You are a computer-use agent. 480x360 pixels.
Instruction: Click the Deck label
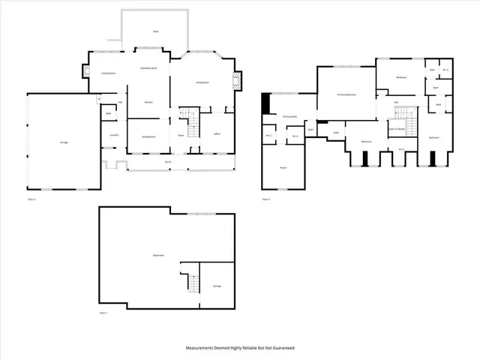point(155,31)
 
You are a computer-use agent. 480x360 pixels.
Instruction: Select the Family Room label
point(108,73)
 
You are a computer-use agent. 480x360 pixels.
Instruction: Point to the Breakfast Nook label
point(148,68)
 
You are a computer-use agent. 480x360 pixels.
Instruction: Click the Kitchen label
point(148,101)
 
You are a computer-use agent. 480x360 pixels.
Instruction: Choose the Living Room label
point(202,82)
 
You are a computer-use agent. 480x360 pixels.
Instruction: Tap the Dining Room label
point(148,136)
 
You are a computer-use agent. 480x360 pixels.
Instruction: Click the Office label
point(217,134)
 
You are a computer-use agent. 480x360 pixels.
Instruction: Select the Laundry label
point(114,135)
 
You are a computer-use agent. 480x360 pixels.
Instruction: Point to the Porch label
point(167,161)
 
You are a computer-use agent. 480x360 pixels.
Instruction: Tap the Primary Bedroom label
point(346,94)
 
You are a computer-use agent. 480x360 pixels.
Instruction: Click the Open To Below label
point(397,128)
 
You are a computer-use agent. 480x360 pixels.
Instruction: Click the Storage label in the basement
point(217,286)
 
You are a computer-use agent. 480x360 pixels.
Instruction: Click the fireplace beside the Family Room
point(85,73)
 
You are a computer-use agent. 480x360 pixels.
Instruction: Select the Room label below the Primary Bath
point(283,167)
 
